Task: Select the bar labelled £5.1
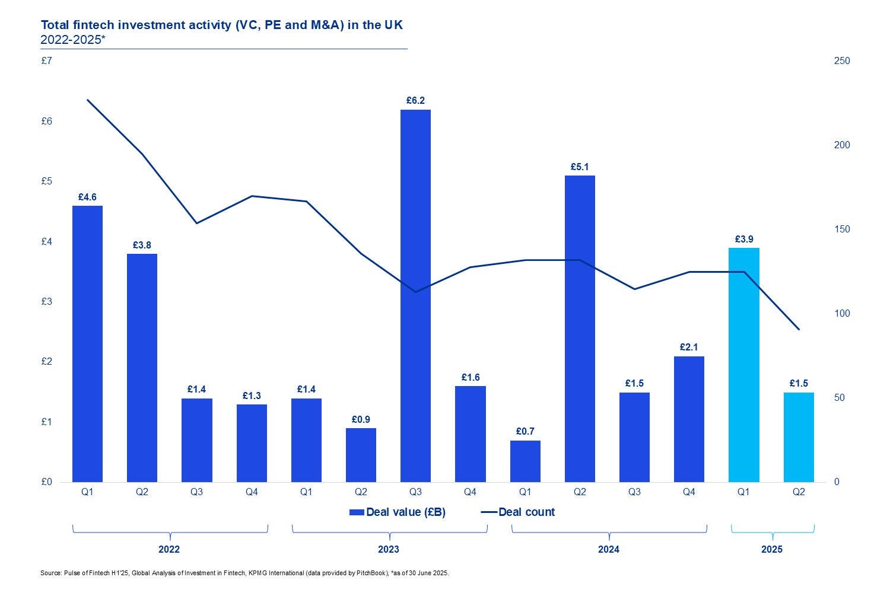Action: (580, 329)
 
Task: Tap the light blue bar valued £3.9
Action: (744, 365)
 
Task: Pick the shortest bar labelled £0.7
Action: (525, 461)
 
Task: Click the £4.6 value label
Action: (87, 197)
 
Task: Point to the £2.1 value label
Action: (689, 347)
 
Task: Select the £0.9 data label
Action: (361, 419)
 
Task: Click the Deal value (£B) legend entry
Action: (398, 512)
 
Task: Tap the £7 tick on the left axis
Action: (46, 61)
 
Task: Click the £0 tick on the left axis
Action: (46, 482)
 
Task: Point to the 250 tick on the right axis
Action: (841, 61)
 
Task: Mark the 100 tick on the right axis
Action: (841, 314)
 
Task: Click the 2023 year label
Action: (389, 549)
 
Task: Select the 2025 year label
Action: (772, 549)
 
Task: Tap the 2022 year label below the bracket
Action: (169, 549)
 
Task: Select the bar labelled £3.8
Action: (142, 368)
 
